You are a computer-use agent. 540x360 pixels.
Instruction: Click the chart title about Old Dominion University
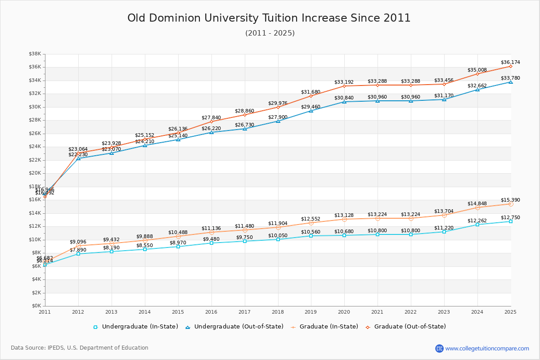pos(269,18)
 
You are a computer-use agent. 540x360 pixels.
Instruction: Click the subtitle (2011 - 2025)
pos(270,33)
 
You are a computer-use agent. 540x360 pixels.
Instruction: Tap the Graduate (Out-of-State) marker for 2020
pos(344,86)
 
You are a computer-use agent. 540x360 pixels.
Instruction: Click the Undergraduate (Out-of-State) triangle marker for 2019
pos(311,111)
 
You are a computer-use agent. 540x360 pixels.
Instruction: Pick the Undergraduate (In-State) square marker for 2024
pos(477,225)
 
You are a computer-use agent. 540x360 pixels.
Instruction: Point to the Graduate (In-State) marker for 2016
pos(211,232)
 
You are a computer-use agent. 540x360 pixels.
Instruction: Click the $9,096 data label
pos(79,242)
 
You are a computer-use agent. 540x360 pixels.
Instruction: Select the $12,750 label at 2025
pos(510,218)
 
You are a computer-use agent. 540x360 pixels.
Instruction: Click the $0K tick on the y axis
pos(36,306)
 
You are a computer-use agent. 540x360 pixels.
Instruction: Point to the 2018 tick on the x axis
pos(278,312)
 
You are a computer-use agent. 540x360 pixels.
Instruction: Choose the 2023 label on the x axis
pos(444,312)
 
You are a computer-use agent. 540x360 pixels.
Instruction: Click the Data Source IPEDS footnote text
pos(80,348)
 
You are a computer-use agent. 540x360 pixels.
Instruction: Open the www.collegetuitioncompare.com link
pos(487,348)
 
